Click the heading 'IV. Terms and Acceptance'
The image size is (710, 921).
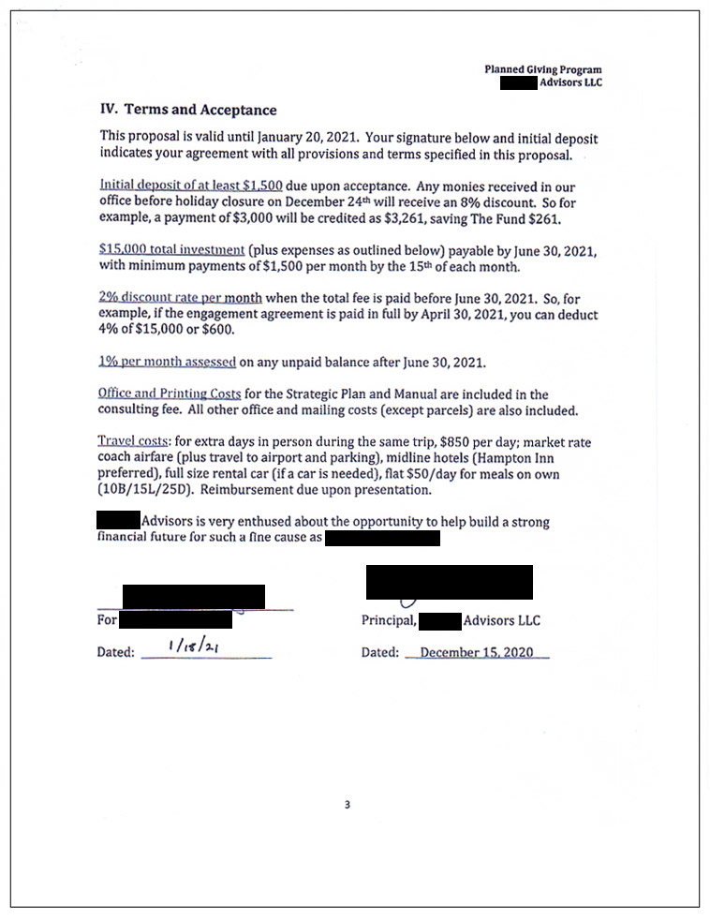[x=188, y=110]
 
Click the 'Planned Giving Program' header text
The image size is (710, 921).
[x=542, y=69]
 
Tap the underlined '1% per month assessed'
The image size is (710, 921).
[x=167, y=362]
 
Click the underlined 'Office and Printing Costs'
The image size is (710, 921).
[x=170, y=394]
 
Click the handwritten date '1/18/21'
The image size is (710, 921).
[x=187, y=646]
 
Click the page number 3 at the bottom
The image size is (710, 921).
[x=348, y=804]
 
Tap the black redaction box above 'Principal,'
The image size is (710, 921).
[x=450, y=582]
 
